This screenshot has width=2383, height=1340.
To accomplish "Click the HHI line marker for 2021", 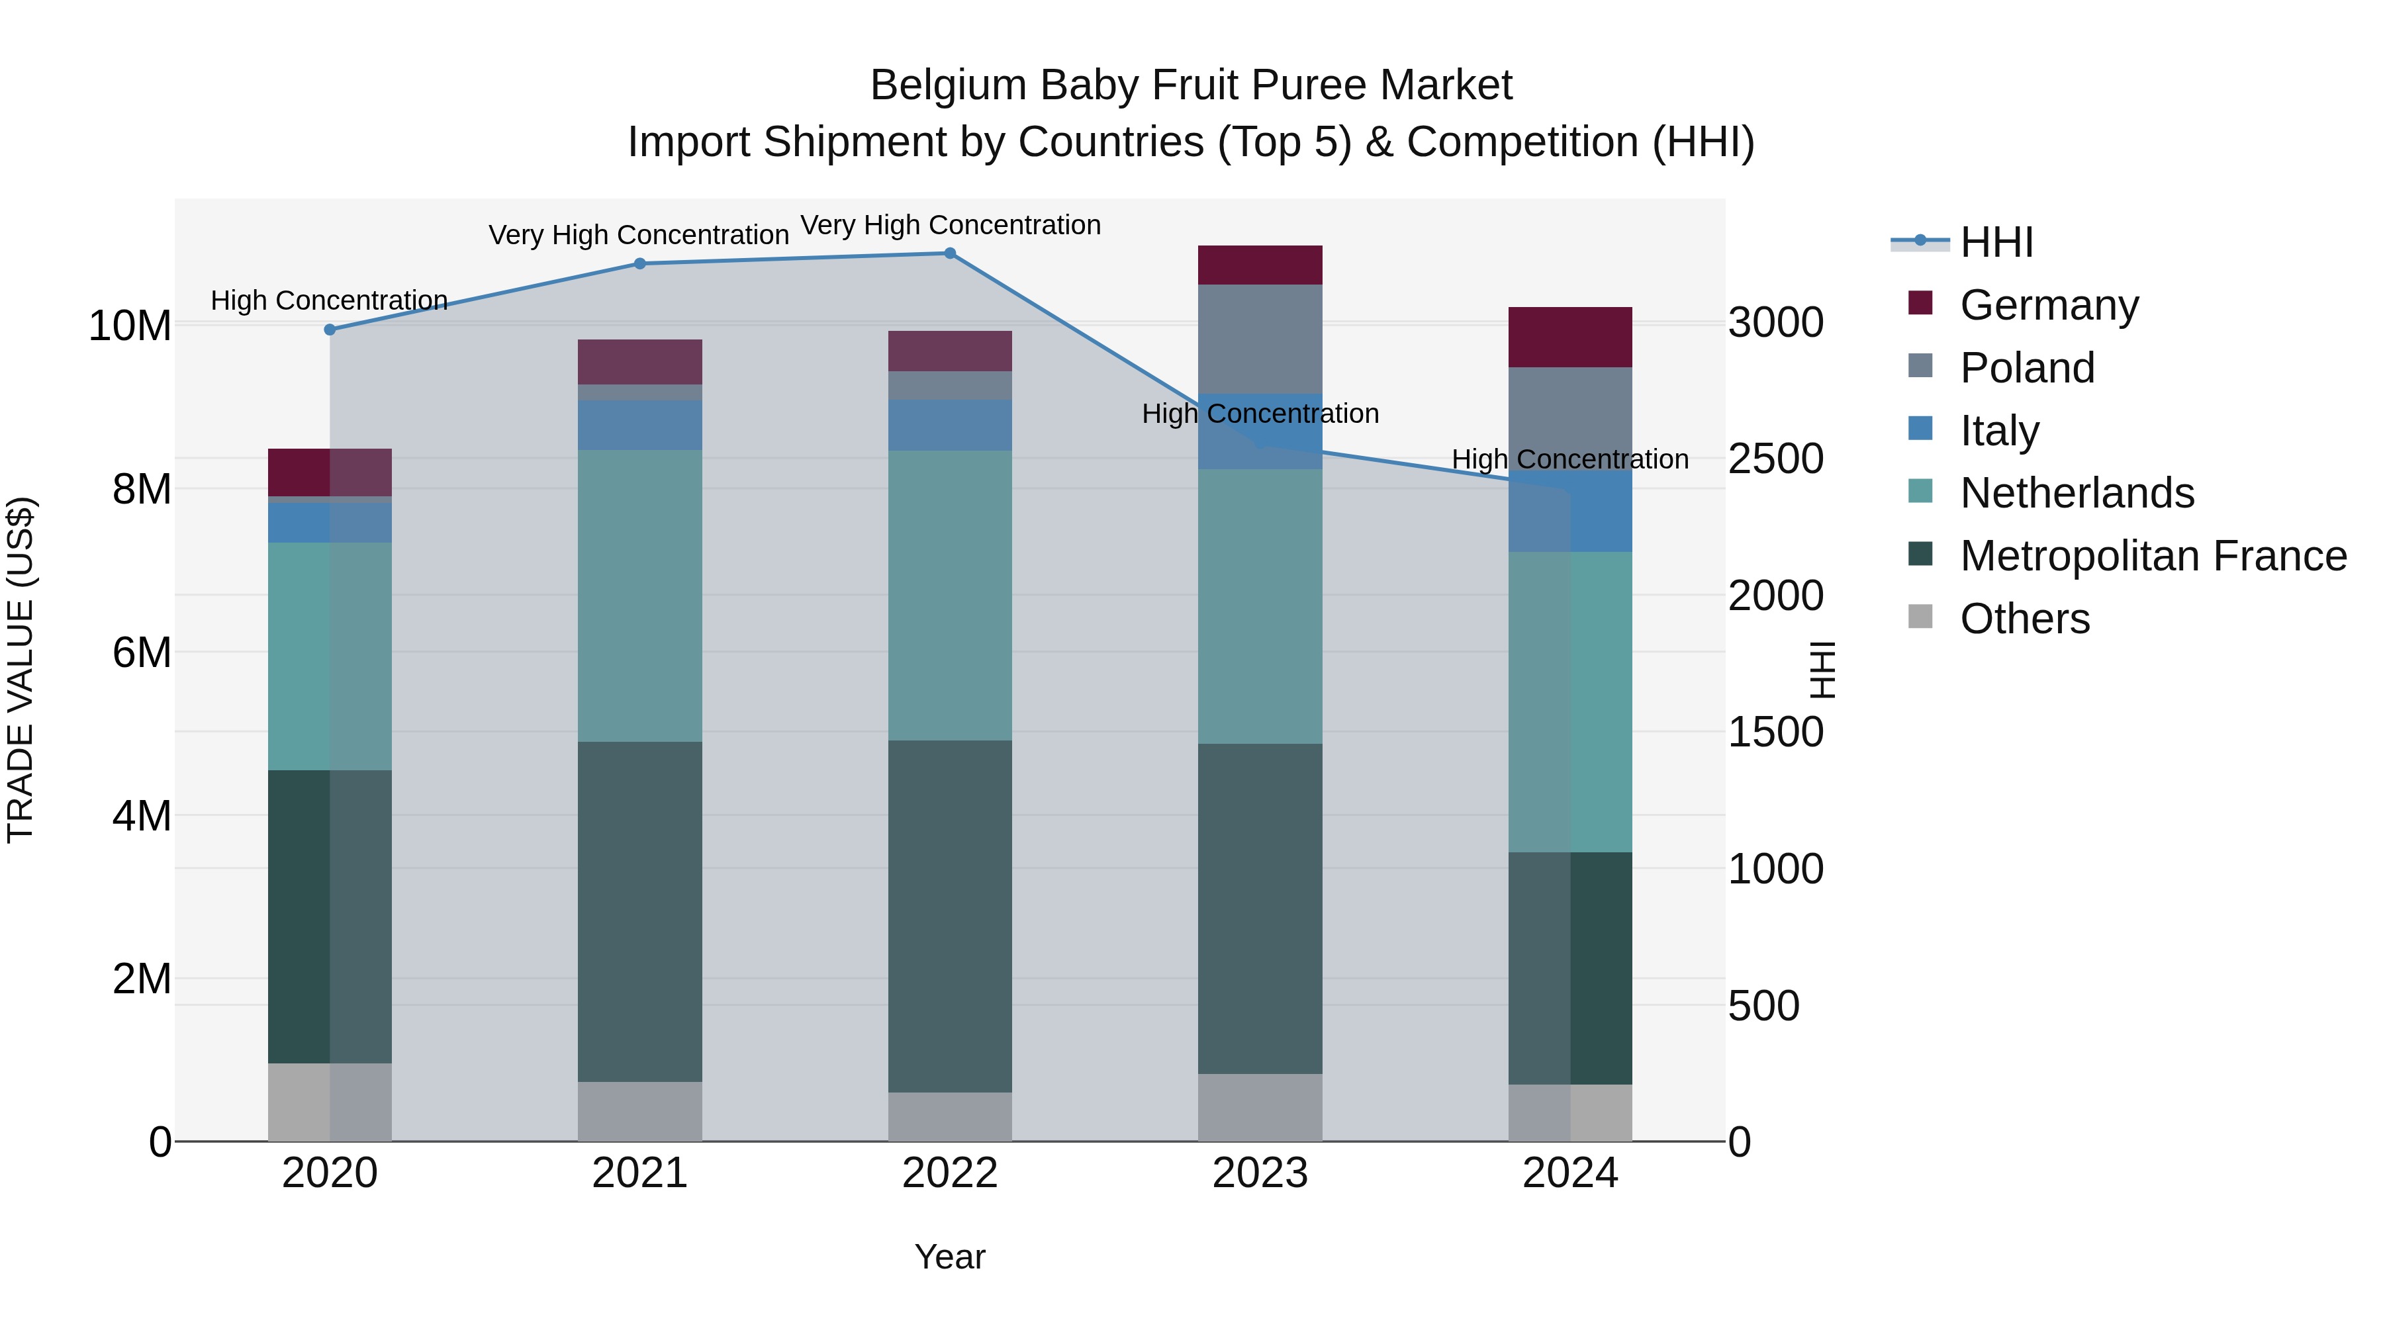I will coord(639,263).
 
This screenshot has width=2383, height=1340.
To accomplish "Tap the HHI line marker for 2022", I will coord(949,253).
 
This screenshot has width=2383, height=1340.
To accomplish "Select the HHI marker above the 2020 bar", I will coord(330,330).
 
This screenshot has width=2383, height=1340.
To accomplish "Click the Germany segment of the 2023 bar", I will coord(1259,265).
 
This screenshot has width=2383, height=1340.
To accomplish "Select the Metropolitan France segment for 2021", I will coord(639,911).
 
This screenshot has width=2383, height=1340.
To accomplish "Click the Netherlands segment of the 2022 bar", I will coord(949,595).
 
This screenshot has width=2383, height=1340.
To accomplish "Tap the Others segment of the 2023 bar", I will coord(1259,1107).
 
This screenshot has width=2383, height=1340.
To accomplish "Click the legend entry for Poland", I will coord(2026,368).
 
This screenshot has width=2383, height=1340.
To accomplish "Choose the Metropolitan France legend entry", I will coord(2152,556).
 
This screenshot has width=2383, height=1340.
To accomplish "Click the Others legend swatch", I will coord(1920,617).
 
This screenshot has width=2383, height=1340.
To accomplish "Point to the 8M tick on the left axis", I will coord(142,489).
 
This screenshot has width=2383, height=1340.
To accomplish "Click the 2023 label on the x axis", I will coord(1259,1173).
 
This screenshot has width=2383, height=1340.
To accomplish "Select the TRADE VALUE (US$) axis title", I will coord(21,670).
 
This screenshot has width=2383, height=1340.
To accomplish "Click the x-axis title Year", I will coord(949,1257).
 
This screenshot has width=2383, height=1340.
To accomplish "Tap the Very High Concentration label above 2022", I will coord(950,225).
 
